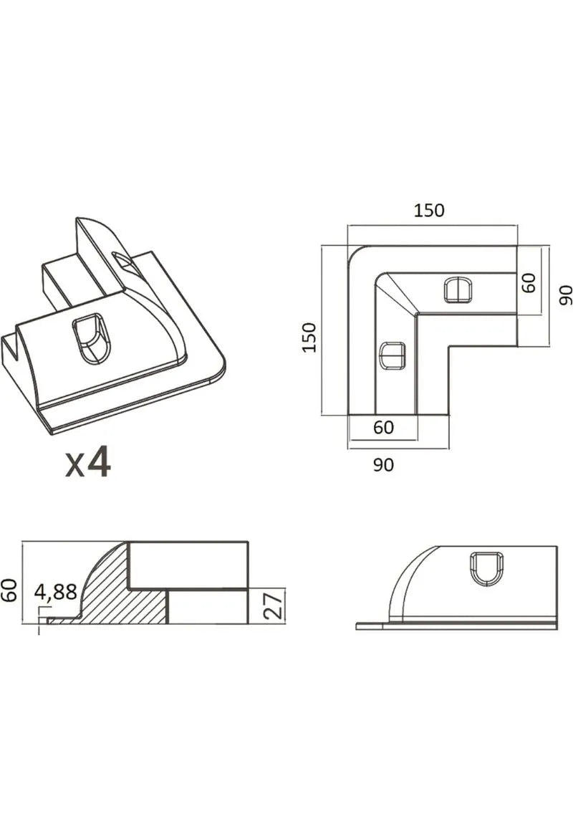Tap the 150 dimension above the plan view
click(428, 210)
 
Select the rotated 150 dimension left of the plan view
click(309, 337)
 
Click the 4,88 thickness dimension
click(56, 593)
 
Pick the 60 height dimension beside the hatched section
click(10, 590)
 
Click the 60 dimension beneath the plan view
click(383, 427)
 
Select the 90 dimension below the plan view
click(383, 464)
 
